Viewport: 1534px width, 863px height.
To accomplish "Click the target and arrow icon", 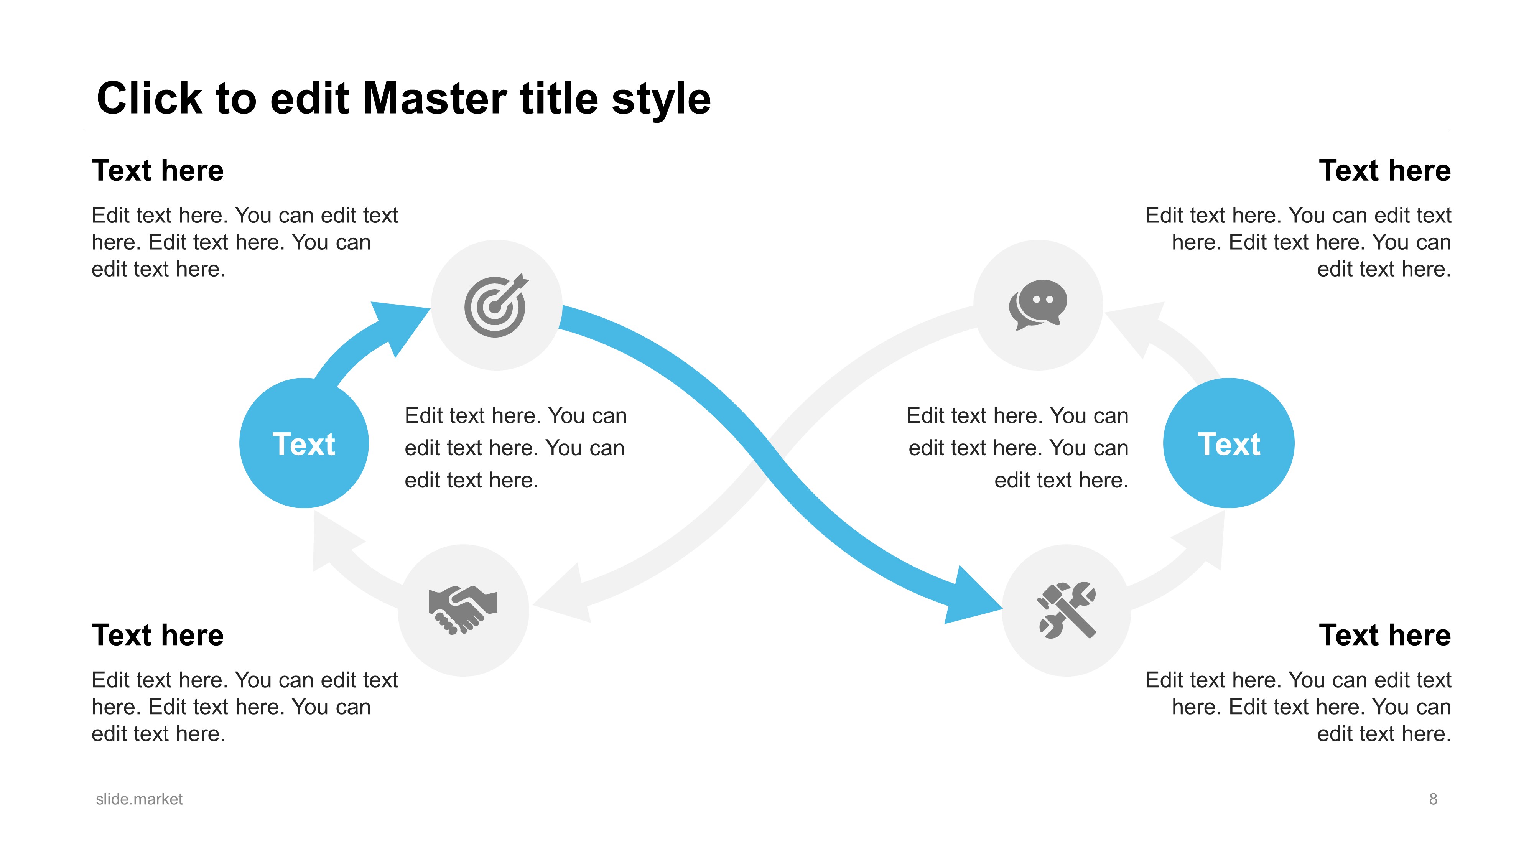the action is tap(496, 306).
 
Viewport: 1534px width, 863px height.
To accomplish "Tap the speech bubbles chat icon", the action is tap(1038, 304).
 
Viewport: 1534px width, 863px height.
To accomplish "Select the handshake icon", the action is tap(463, 609).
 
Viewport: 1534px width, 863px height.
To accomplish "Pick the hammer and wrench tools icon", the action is tap(1067, 610).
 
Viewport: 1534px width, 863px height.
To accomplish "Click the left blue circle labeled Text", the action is tap(304, 443).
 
